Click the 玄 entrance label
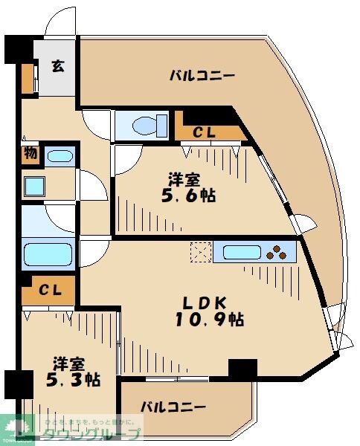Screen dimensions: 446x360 click(x=57, y=65)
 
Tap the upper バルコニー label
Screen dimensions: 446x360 click(x=202, y=76)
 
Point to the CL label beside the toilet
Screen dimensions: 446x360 click(x=205, y=133)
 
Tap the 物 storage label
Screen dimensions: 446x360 click(x=30, y=155)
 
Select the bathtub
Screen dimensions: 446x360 click(x=48, y=255)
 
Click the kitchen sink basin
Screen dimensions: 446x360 click(x=241, y=252)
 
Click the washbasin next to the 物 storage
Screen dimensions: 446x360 click(x=59, y=156)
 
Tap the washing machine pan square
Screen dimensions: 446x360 click(x=33, y=185)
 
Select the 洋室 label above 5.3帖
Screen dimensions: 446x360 click(x=68, y=363)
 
